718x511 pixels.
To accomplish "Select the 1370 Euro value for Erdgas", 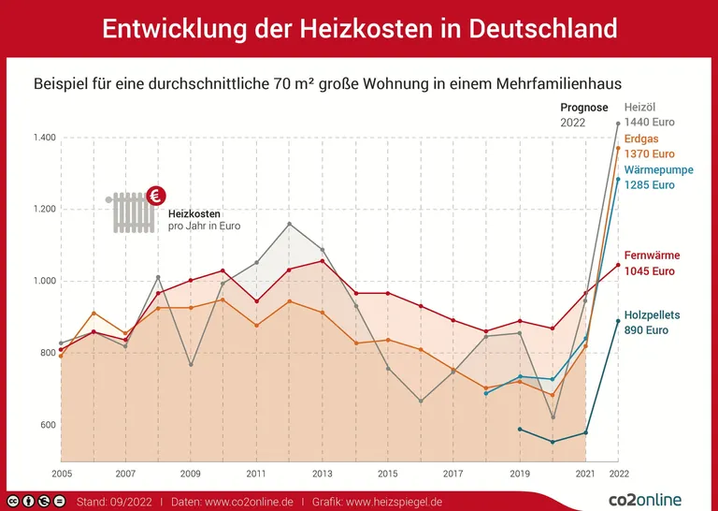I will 649,153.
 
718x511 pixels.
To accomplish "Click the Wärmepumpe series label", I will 659,170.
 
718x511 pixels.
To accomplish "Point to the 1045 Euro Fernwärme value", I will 650,271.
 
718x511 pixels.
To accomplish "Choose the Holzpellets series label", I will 653,315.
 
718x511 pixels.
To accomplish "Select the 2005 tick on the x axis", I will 61,474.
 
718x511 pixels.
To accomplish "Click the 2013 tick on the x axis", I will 323,474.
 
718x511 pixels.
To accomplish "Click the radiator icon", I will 132,212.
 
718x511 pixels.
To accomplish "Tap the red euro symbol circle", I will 156,196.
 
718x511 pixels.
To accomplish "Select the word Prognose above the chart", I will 583,108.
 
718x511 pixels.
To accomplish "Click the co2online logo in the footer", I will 645,500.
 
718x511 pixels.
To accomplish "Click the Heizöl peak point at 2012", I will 290,224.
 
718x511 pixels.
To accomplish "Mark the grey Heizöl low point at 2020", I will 553,417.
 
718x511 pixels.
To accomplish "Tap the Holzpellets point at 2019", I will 520,430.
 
